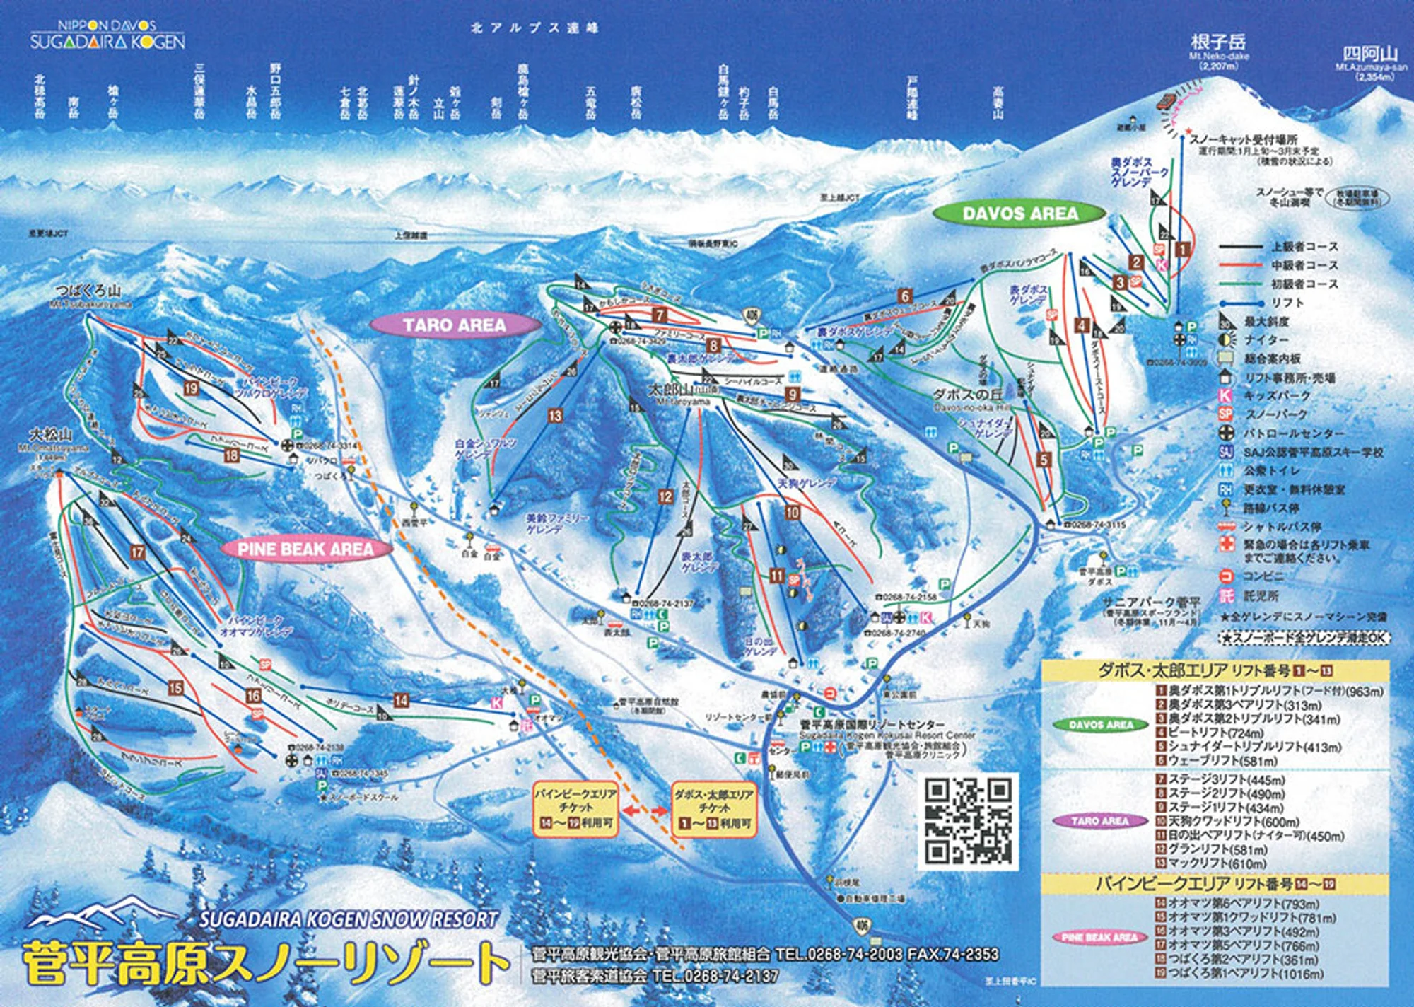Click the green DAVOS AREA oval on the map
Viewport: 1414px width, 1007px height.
click(x=1019, y=213)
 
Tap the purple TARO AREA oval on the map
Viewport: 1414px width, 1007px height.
click(x=455, y=325)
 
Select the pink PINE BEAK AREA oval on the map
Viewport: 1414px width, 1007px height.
click(x=305, y=549)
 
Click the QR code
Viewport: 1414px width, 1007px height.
click(x=968, y=821)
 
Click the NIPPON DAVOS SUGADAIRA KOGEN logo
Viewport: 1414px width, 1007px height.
click(x=107, y=35)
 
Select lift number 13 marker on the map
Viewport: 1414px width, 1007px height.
click(x=555, y=416)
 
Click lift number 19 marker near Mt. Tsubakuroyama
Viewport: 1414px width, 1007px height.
click(x=192, y=388)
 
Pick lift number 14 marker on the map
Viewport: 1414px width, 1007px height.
click(x=401, y=700)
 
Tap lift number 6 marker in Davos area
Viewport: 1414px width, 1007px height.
click(x=905, y=296)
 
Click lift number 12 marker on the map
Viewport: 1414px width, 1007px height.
click(x=665, y=496)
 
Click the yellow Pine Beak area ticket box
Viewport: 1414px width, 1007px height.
click(x=575, y=808)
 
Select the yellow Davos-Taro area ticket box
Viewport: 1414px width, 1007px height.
click(x=714, y=808)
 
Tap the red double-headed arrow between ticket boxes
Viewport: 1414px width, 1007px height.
click(x=644, y=810)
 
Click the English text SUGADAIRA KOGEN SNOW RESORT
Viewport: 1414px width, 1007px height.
click(x=349, y=919)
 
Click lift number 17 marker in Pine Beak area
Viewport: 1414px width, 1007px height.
click(x=137, y=552)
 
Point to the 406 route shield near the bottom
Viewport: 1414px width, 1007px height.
click(x=861, y=926)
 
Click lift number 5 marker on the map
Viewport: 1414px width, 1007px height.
click(x=1044, y=460)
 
